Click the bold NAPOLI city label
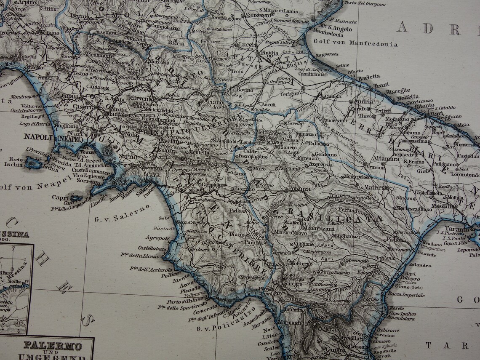coord(37,137)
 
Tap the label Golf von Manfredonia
coord(355,44)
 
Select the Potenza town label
coord(299,189)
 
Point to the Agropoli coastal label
coord(157,238)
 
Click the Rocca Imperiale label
coord(406,295)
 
